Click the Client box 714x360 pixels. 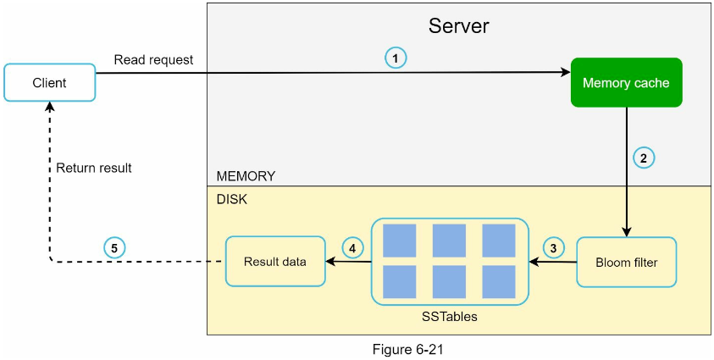pos(50,82)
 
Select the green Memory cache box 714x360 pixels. pos(626,82)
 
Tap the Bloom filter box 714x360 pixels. pos(627,262)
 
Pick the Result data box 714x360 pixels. pos(275,261)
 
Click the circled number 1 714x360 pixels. pos(396,58)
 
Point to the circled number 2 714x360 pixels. pos(644,158)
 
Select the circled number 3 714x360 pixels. pos(553,248)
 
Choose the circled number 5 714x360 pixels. pos(113,248)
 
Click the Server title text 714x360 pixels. pos(458,26)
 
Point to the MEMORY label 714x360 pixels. pos(246,176)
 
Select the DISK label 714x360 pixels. pos(232,200)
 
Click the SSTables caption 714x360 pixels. pos(450,316)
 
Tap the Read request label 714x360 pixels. pos(153,59)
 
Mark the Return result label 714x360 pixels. pos(94,168)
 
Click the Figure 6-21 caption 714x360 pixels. pos(408,350)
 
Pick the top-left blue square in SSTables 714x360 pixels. pos(399,241)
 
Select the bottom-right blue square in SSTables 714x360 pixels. pos(499,282)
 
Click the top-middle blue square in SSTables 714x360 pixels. pos(449,241)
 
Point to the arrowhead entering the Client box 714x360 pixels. pos(50,106)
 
